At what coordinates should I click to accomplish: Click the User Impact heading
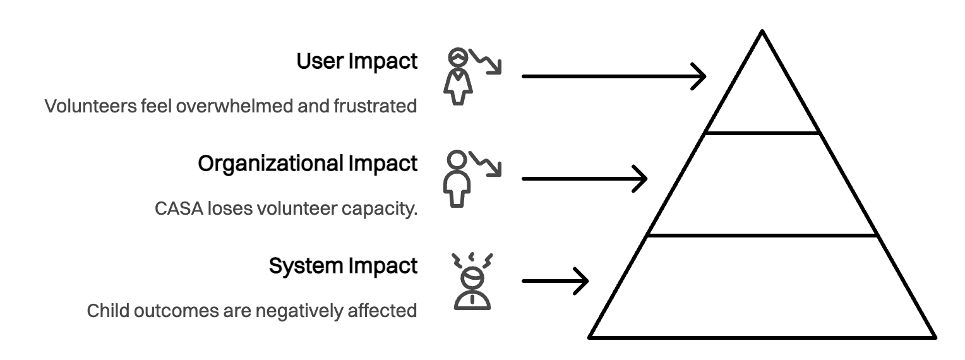click(x=357, y=62)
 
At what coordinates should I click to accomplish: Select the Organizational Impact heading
click(x=308, y=164)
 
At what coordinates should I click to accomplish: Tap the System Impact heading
click(x=343, y=266)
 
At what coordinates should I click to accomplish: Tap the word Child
click(x=104, y=311)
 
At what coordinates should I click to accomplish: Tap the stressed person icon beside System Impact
click(x=472, y=280)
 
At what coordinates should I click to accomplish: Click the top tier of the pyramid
click(x=762, y=95)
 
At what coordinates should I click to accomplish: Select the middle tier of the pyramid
click(x=762, y=184)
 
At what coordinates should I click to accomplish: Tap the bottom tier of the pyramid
click(x=762, y=287)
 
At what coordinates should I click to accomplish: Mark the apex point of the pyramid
click(x=762, y=31)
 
